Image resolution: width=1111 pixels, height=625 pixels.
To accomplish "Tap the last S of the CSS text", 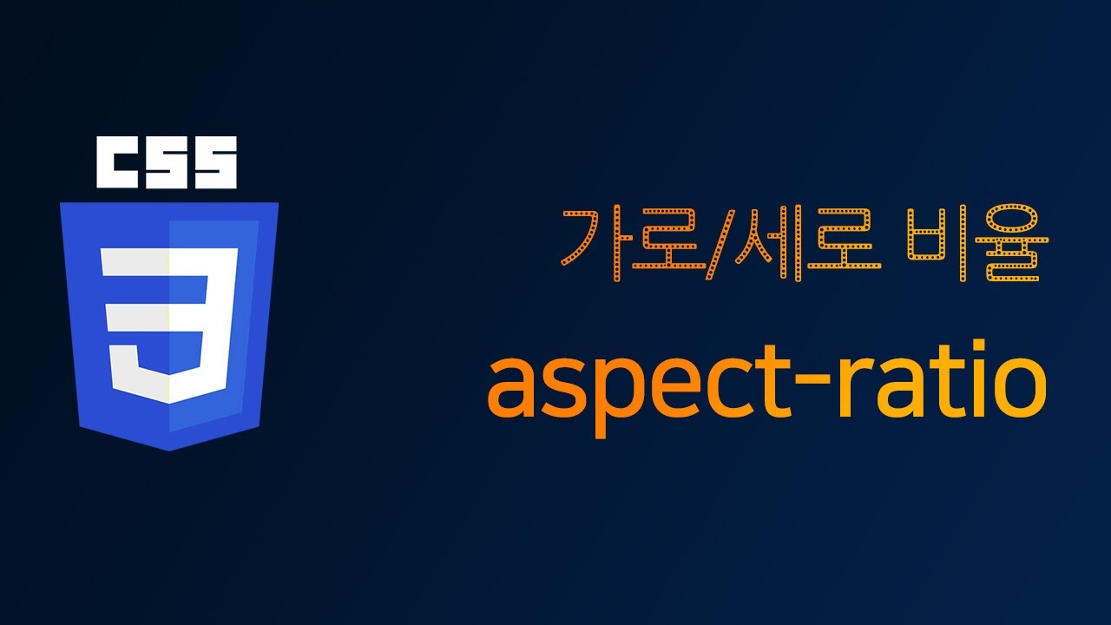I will [214, 162].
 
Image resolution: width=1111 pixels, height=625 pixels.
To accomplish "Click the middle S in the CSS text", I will [166, 162].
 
